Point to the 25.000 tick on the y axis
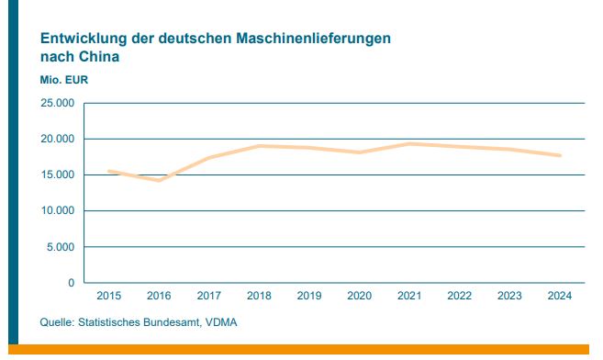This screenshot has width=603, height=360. (57, 103)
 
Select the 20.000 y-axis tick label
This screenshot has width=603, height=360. (57, 139)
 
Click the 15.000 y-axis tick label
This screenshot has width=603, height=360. (57, 174)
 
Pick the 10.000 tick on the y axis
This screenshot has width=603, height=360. (57, 210)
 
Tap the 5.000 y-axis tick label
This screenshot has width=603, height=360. (61, 247)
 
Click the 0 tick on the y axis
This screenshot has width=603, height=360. (71, 283)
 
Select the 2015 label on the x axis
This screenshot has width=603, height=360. (109, 296)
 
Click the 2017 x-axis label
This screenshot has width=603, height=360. (209, 296)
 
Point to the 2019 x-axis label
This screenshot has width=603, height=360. (309, 296)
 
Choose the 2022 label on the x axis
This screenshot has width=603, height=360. (460, 296)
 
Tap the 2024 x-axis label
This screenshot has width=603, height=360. (560, 296)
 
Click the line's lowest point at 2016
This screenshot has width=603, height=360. (160, 180)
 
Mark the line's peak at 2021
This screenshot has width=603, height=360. (409, 143)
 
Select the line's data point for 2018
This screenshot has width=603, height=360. (260, 146)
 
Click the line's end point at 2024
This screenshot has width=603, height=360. (560, 155)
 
